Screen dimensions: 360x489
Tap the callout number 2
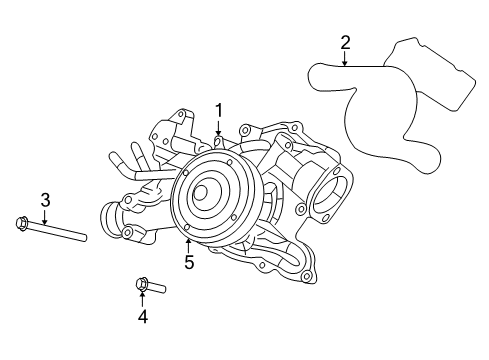click(x=345, y=42)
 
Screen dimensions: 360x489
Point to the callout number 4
click(x=142, y=317)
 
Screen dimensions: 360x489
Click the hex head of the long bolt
click(x=22, y=222)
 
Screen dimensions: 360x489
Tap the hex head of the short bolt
click(x=141, y=286)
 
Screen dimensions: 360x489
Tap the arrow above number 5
click(x=188, y=243)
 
